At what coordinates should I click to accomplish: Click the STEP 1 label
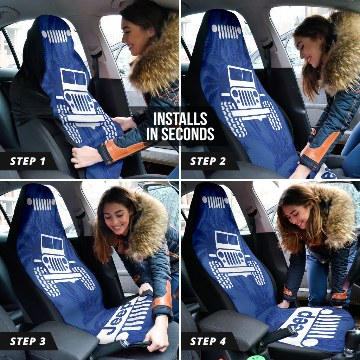[28, 161]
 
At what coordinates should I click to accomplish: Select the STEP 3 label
[28, 341]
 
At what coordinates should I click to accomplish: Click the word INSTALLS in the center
[180, 119]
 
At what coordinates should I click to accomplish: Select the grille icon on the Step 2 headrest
[226, 31]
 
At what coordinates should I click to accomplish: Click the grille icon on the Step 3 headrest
[41, 203]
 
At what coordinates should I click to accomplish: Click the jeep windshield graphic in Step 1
[73, 78]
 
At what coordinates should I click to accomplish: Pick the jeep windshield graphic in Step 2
[241, 75]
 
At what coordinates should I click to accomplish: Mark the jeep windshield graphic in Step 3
[52, 244]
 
